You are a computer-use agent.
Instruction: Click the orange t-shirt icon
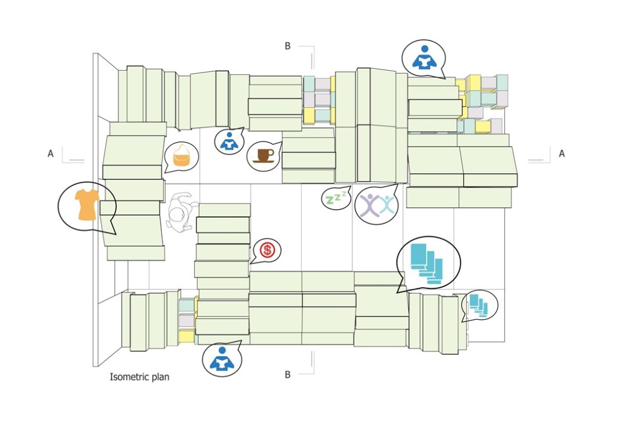pos(86,204)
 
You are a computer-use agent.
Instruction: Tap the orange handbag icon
pos(181,156)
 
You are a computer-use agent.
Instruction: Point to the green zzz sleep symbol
pos(335,198)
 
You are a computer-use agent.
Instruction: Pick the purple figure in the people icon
pos(368,205)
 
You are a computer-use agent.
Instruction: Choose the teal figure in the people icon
pos(386,205)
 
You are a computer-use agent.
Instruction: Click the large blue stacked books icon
pos(426,262)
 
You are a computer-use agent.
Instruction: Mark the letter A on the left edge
pos(51,154)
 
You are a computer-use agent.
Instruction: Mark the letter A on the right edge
pos(562,154)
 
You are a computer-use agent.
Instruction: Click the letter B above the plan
pos(288,45)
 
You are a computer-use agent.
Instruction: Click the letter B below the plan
pos(288,375)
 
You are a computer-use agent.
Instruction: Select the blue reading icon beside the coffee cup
pos(228,142)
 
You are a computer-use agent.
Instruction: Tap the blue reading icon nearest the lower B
pos(221,358)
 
